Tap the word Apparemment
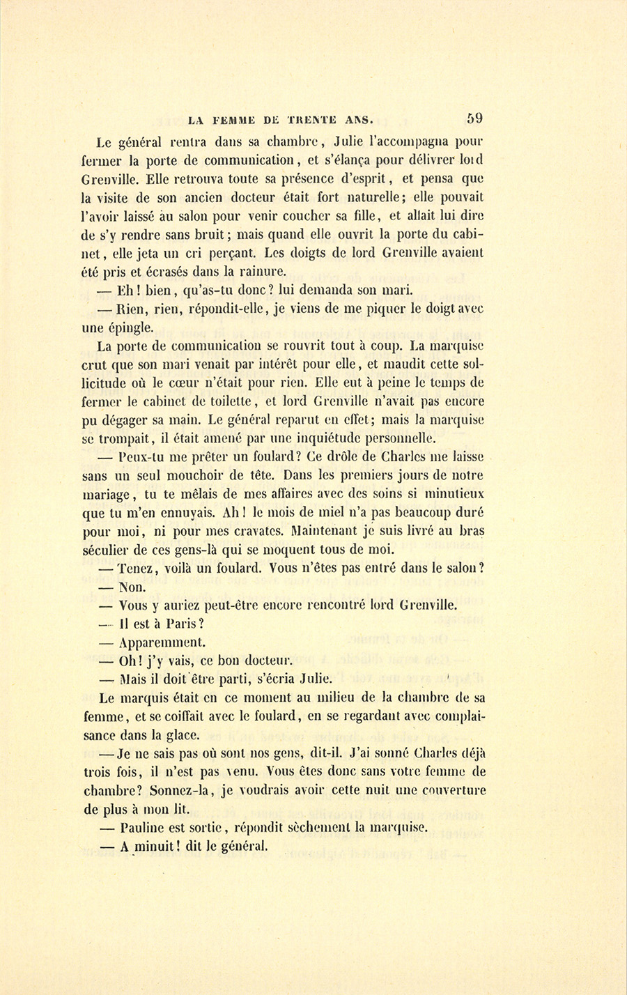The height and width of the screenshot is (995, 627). coord(162,643)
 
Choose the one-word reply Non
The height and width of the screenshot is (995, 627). coord(132,587)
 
